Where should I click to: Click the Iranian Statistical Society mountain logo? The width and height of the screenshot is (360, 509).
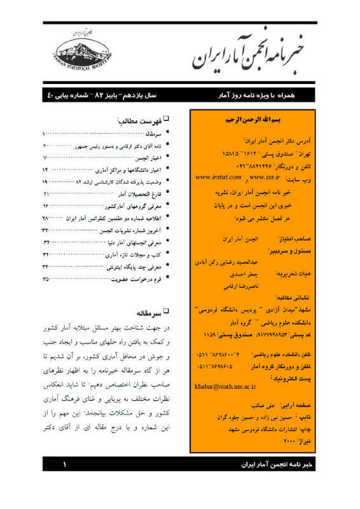80,52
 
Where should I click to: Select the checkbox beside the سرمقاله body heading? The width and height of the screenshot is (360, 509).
167,313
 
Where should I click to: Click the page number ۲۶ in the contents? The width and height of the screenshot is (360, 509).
46,206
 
